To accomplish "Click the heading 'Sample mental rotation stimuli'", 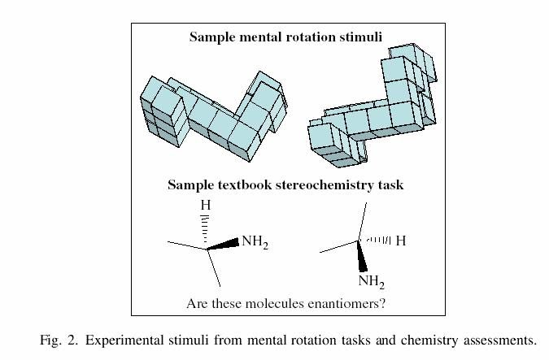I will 286,37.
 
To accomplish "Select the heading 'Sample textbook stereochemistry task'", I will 285,185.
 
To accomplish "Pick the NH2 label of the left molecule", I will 254,242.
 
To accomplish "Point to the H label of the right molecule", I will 400,241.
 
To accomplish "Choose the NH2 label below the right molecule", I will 371,282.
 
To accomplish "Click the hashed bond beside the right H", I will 379,241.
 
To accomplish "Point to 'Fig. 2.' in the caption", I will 57,339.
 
